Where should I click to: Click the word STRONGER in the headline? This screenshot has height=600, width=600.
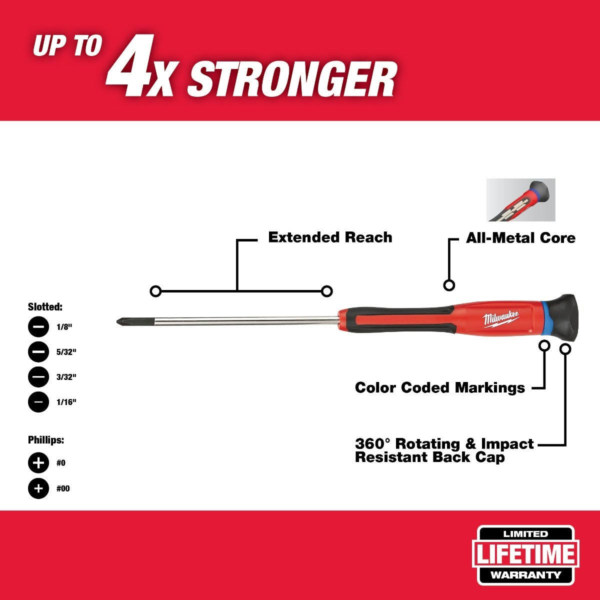coord(291,78)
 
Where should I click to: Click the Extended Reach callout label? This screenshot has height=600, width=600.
coord(330,237)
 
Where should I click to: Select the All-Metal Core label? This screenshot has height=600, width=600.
coord(520,238)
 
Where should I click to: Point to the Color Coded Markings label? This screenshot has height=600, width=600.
coord(440,387)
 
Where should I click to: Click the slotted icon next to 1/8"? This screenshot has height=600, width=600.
coord(38,326)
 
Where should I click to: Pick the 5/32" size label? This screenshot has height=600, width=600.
coord(66,352)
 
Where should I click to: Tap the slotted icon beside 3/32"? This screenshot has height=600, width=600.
coord(38,377)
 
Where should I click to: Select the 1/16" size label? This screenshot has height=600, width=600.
coord(66,402)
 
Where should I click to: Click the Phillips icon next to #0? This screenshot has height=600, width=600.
coord(38,463)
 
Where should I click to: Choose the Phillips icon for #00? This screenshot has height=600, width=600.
coord(38,488)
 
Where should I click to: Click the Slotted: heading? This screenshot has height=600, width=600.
coord(45,307)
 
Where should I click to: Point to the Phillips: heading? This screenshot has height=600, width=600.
coord(46,440)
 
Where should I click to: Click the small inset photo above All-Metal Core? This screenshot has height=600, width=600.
coord(521,200)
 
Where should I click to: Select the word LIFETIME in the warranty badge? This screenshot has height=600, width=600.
coord(525,554)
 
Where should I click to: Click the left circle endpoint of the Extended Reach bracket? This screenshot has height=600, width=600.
coord(155,291)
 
